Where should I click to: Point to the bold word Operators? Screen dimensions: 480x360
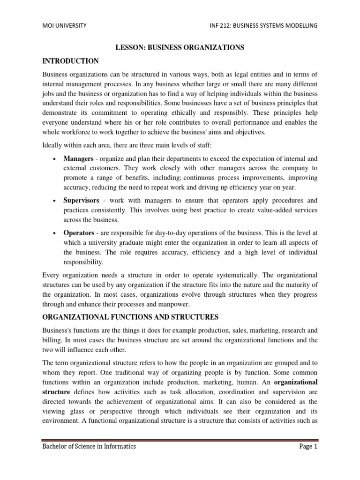[79, 232]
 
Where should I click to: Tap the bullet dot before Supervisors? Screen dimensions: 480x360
[55, 201]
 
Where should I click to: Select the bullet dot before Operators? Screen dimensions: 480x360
[55, 233]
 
